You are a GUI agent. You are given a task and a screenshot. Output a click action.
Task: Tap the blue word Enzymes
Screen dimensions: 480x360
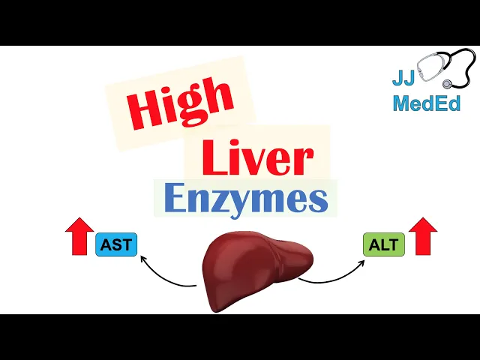pos(245,200)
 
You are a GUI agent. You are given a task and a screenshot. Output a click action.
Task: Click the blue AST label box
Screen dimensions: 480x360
pos(116,244)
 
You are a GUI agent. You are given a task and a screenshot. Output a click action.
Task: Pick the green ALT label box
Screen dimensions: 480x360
pos(383,244)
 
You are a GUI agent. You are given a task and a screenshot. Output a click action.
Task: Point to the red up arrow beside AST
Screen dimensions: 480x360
pos(79,238)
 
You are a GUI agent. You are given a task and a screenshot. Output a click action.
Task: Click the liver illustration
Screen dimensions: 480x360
pos(255,266)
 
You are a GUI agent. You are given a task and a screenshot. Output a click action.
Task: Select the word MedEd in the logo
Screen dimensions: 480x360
pos(426,103)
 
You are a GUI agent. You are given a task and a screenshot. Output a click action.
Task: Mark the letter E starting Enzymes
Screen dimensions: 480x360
pos(175,199)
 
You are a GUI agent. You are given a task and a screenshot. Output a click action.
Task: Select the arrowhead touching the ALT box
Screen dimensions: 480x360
pos(359,259)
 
